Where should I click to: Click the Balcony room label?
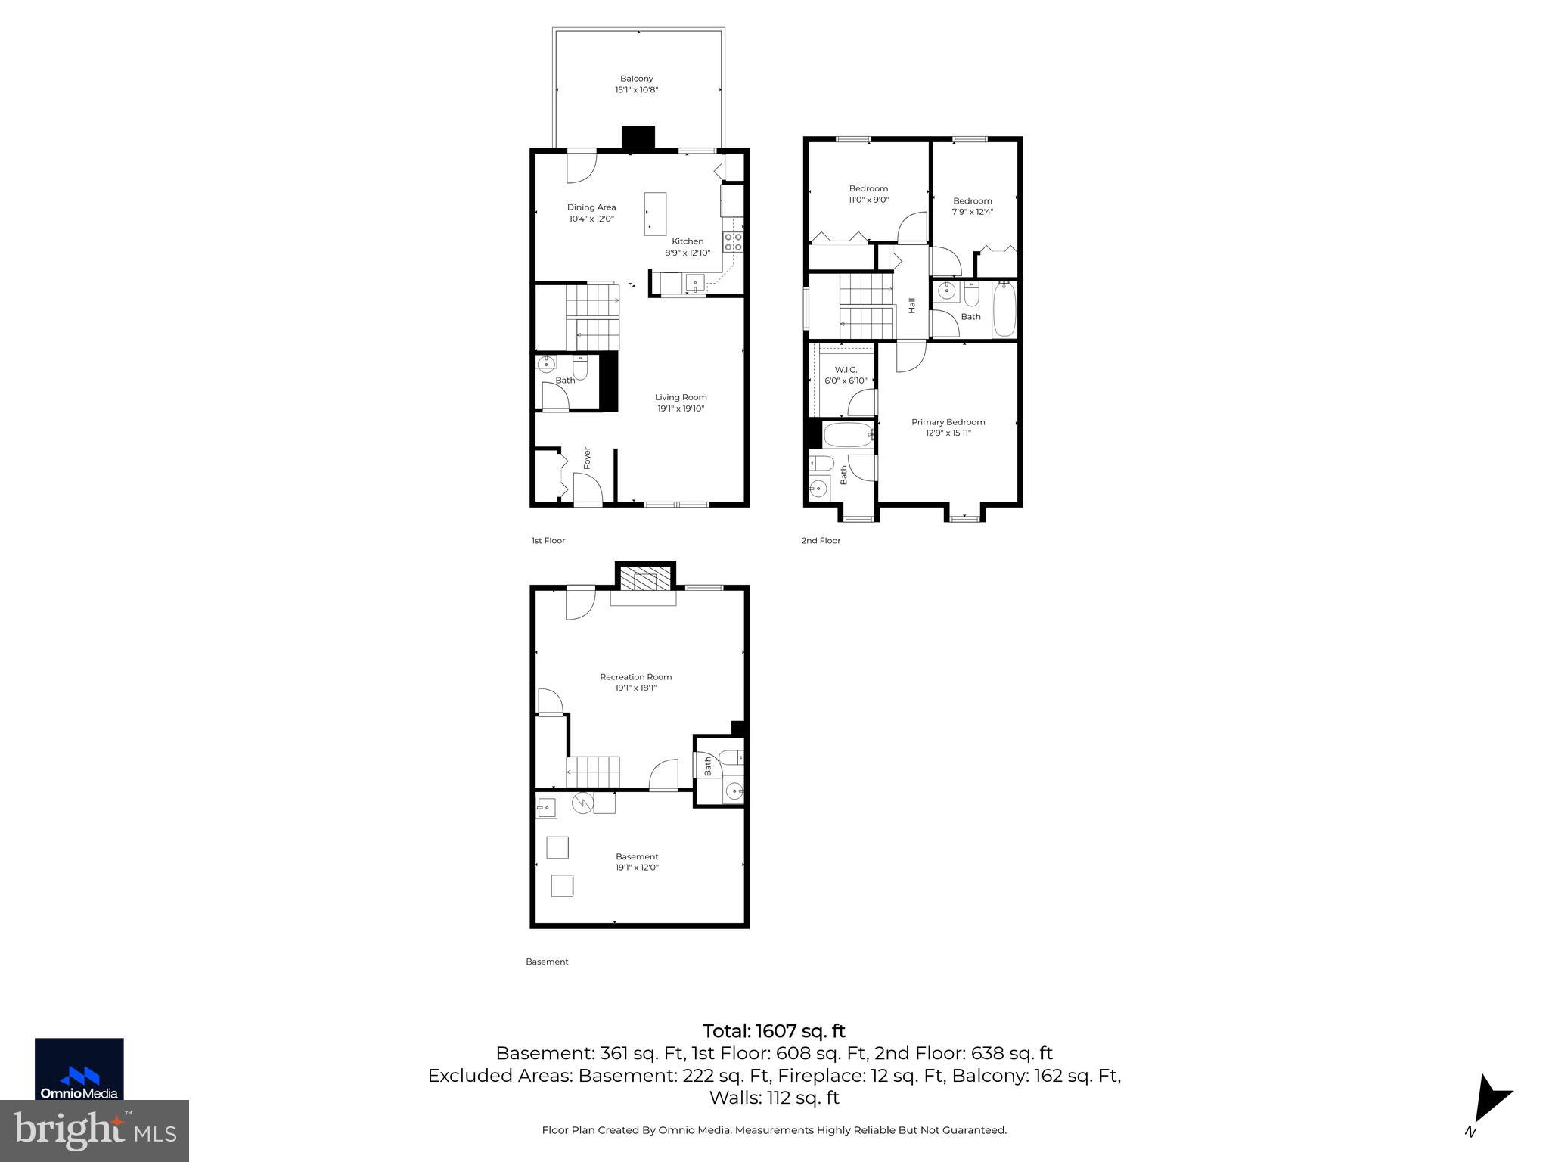636,79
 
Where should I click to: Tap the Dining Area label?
591,207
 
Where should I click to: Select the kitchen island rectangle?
655,213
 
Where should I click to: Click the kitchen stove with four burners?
733,241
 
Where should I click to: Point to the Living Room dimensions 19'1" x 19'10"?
681,409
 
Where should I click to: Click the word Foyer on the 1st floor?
587,458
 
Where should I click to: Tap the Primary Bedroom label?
948,422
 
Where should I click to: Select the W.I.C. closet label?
846,370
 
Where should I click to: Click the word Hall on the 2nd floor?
912,306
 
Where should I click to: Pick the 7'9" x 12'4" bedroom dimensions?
972,212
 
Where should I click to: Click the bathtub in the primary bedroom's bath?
847,435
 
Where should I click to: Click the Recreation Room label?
635,677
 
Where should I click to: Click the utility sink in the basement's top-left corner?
546,809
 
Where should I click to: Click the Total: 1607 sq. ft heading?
774,1031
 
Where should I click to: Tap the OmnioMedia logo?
79,1069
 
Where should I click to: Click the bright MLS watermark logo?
95,1131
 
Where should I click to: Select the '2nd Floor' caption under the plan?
821,541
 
